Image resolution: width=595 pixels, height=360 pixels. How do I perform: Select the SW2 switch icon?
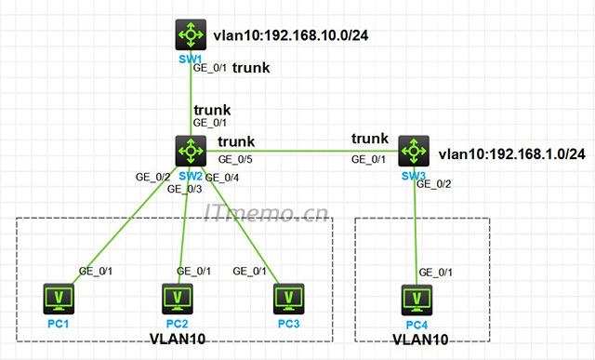pos(191,150)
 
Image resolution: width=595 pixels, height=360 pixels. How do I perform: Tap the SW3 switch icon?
pos(414,151)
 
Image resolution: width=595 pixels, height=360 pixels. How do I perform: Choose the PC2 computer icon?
pos(177,299)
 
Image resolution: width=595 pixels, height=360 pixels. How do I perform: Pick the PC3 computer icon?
pos(289,299)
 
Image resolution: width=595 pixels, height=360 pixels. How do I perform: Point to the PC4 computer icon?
pos(416,300)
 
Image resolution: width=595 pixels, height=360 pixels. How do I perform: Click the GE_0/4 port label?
pos(222,177)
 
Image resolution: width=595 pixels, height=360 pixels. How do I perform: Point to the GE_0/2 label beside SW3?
pos(433,183)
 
